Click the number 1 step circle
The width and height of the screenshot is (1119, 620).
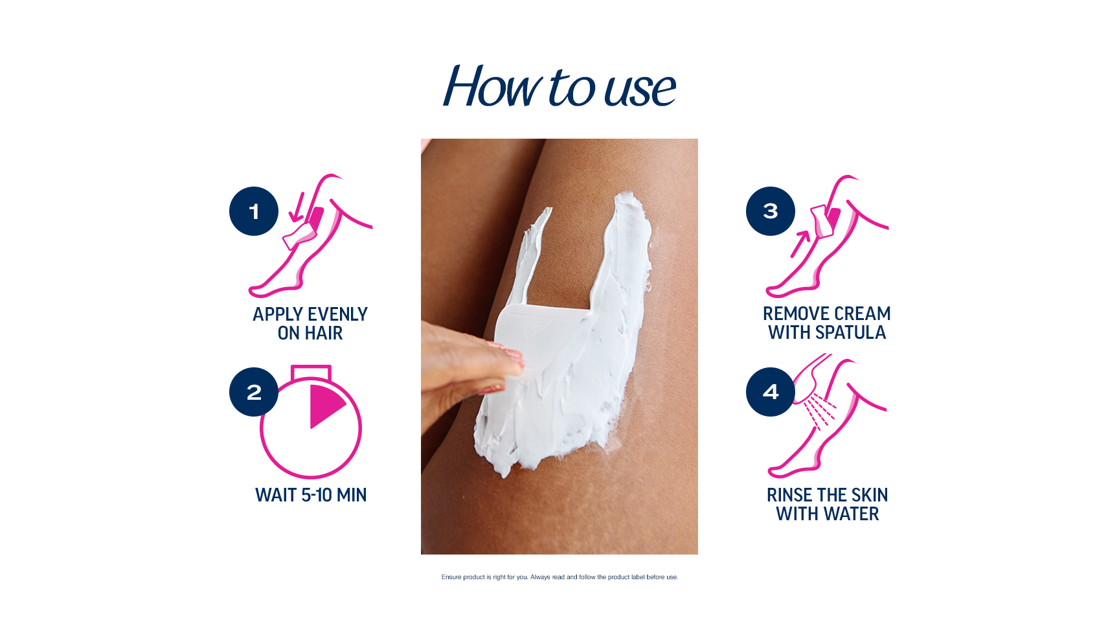point(254,211)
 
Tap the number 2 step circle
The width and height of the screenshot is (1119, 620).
point(254,392)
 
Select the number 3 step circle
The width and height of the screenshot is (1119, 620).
point(771,211)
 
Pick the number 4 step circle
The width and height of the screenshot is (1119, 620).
point(771,392)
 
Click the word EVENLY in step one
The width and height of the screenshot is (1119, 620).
point(337,314)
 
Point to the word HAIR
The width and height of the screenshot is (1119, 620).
point(324,333)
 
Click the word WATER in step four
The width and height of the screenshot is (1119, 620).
point(851,514)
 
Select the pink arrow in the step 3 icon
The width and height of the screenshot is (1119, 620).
point(800,244)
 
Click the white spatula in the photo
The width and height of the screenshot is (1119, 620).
point(541,340)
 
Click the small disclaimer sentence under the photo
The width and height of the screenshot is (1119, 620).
point(559,577)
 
